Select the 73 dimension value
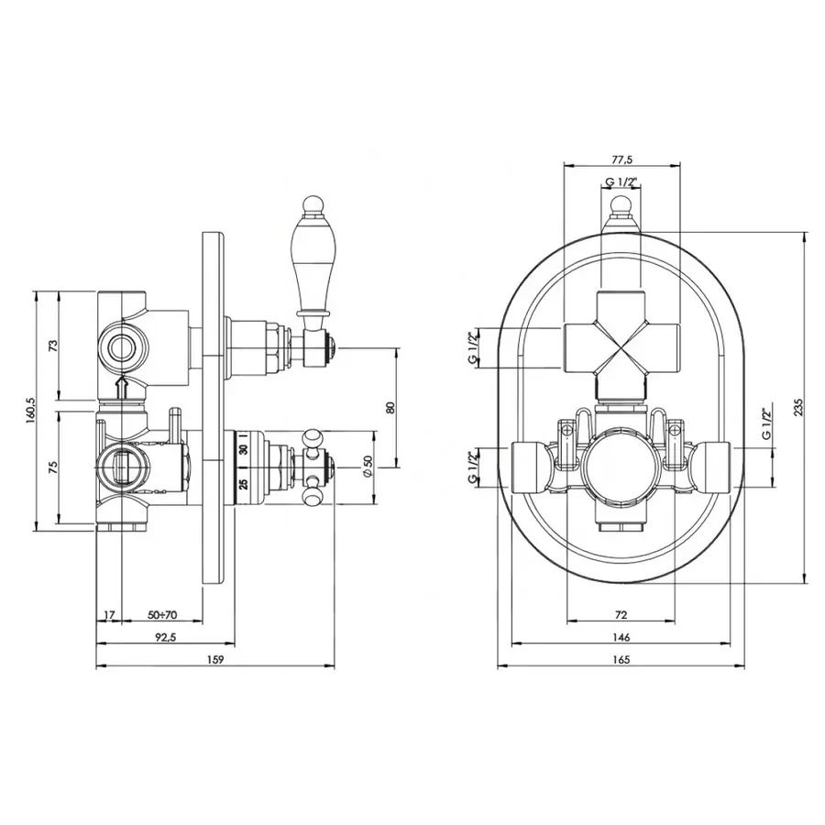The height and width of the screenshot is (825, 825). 52,346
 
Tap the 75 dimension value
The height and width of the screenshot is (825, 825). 52,467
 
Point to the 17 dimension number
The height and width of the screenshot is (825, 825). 109,614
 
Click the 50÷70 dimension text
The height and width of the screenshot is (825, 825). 162,614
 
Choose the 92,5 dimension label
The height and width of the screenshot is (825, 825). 165,637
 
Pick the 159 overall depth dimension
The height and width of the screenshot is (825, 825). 215,660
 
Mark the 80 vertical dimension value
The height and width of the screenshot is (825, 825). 390,408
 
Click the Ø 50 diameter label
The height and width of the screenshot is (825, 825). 368,467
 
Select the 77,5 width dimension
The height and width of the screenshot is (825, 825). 621,159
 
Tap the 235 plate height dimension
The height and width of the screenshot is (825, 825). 798,407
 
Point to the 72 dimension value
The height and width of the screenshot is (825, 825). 621,614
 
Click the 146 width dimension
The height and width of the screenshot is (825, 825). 621,637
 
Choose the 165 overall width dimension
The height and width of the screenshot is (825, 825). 621,660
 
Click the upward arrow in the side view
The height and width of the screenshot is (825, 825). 122,388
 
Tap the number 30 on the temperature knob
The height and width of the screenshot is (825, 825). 243,450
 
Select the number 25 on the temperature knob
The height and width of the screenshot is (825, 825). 243,483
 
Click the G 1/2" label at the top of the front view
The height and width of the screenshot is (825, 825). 621,182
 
